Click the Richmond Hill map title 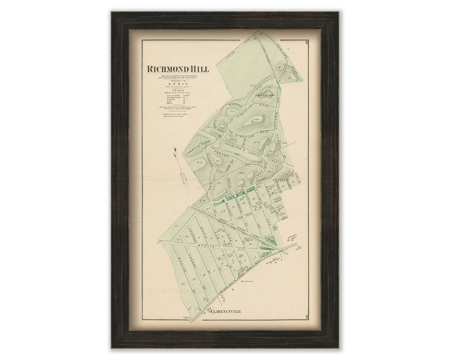[178, 69]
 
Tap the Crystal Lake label [265, 96]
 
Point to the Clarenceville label [226, 312]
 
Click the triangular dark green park [271, 240]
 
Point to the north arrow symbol [175, 150]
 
